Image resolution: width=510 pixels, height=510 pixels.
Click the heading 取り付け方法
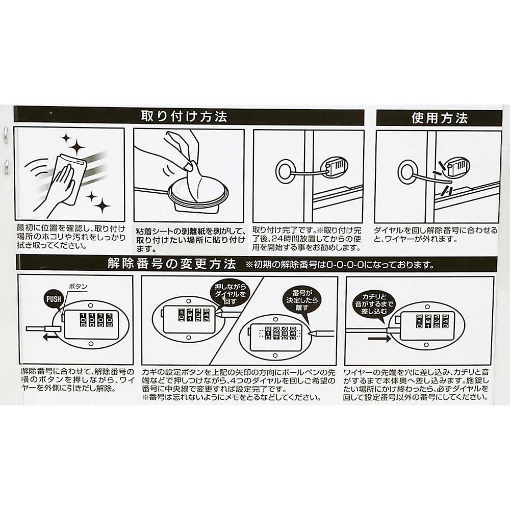[184, 117]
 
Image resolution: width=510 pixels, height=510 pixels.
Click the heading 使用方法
[439, 118]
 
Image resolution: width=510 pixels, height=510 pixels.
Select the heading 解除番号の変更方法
[171, 264]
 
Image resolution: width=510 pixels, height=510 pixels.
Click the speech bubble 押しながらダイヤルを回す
[228, 294]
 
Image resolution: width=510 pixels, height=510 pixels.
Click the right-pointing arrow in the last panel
[378, 338]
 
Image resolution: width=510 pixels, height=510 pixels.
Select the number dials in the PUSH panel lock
[93, 320]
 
